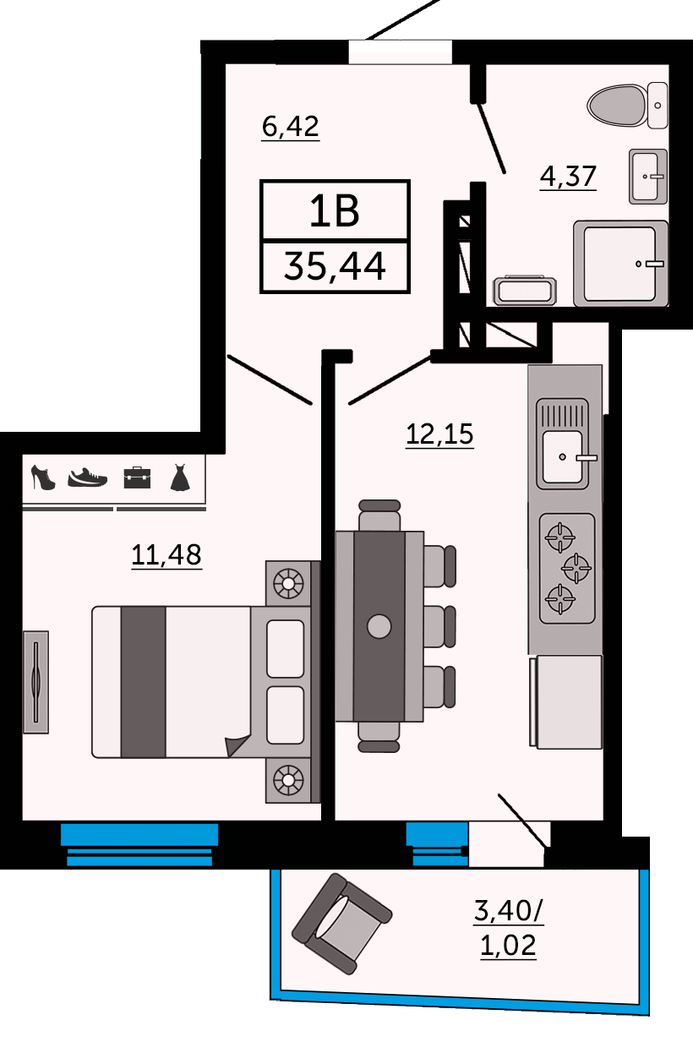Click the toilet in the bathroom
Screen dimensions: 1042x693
pos(627,106)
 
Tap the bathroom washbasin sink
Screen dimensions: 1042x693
pos(648,176)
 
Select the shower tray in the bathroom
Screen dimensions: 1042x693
pos(620,263)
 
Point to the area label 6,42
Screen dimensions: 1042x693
pos(290,127)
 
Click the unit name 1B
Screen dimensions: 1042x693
pos(335,211)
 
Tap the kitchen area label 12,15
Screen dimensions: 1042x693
pos(439,434)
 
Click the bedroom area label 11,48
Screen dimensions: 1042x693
pos(166,554)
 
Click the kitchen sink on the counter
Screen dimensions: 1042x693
pos(563,456)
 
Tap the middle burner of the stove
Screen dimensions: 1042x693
pos(576,567)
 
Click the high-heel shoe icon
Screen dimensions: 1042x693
pos(42,477)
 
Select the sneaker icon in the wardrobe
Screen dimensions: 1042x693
pos(88,477)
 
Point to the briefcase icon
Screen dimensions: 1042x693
pos(136,477)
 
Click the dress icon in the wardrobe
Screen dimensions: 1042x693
pos(180,477)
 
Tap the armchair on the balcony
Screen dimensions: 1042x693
pos(341,923)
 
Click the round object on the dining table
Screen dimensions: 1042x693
pos(379,626)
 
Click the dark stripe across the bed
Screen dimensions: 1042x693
pos(143,681)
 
